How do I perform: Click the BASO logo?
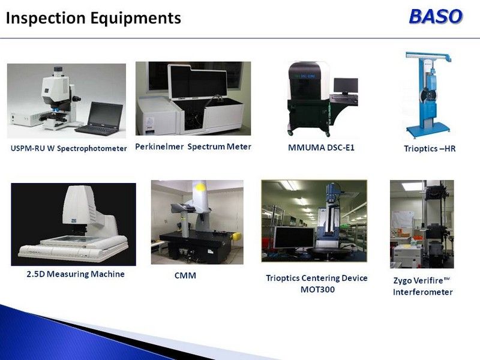(436, 16)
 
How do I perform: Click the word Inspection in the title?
(46, 18)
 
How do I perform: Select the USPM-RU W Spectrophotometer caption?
(68, 148)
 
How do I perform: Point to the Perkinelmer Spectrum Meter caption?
(193, 146)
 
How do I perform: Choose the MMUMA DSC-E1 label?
(321, 148)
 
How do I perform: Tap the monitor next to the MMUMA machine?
(346, 85)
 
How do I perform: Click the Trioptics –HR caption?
(430, 148)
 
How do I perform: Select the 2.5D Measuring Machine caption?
(76, 274)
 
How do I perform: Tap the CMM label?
(185, 275)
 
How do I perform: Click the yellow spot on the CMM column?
(200, 187)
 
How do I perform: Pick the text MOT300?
(317, 289)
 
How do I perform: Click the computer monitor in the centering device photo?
(294, 238)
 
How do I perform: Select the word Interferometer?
(423, 292)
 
